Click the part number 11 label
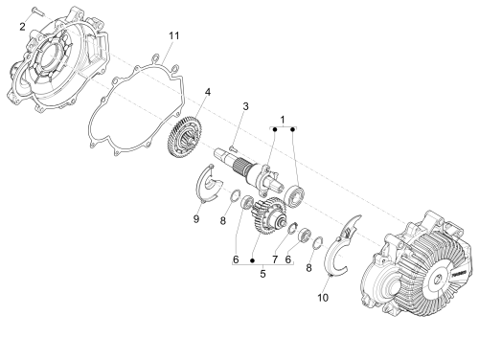tap(173, 35)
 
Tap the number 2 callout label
tap(22, 27)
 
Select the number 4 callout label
tap(208, 92)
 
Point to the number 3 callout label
tap(245, 106)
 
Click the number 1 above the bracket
tap(283, 120)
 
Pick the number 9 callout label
tap(196, 219)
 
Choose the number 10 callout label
tap(323, 298)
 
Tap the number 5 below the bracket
tap(262, 274)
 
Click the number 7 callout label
tap(275, 259)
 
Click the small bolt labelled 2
tap(37, 11)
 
